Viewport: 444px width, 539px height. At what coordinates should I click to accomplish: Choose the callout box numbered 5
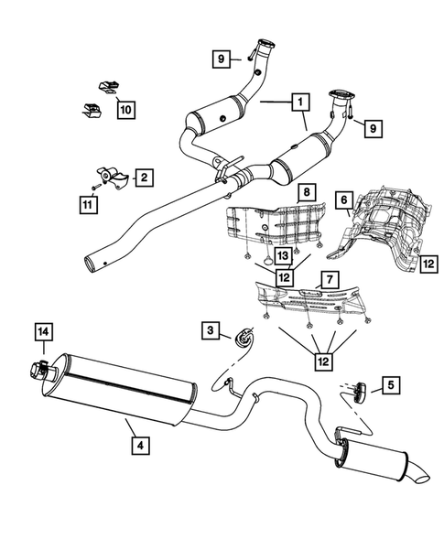(391, 386)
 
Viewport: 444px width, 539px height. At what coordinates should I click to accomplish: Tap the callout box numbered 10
(125, 110)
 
